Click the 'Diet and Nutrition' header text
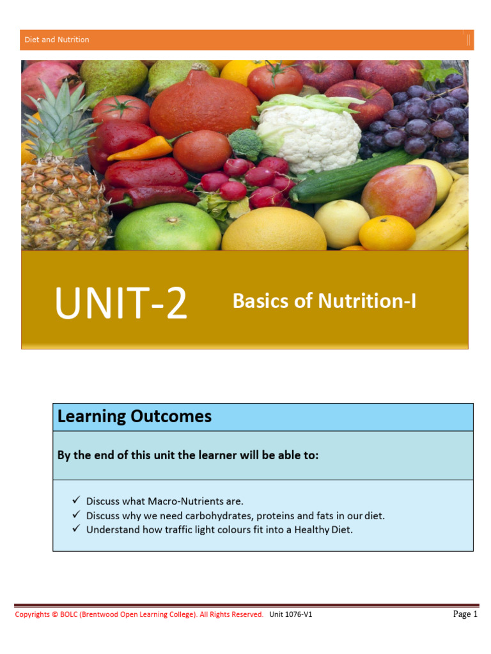click(57, 40)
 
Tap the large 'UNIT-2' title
click(121, 303)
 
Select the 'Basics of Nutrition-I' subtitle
click(324, 301)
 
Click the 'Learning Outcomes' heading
click(134, 416)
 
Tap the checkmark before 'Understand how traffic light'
click(76, 529)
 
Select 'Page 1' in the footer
click(465, 614)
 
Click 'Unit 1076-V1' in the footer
click(291, 614)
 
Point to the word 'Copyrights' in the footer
click(32, 614)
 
